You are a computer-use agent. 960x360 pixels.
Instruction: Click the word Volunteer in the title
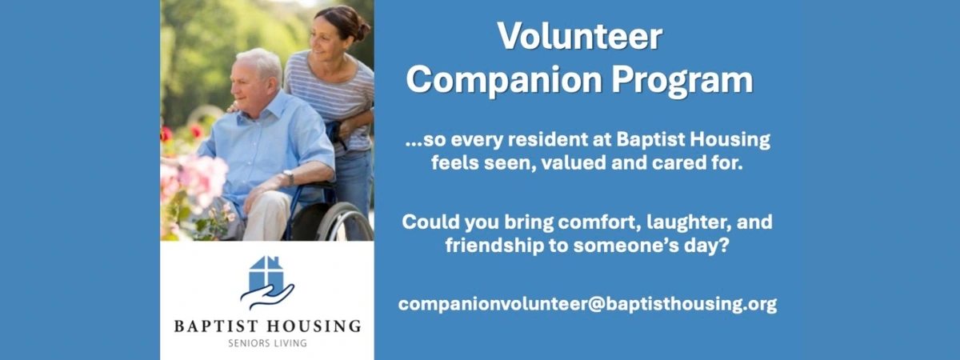580,37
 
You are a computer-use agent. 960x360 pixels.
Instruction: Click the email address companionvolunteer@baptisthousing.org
587,304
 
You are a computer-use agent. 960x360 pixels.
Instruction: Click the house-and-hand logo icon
267,282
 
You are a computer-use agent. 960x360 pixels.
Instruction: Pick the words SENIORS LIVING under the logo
268,343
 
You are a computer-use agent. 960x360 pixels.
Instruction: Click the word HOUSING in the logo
314,326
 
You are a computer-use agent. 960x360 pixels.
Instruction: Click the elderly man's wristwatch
289,176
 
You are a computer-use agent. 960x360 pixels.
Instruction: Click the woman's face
325,41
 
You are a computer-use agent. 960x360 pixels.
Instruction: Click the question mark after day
723,246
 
